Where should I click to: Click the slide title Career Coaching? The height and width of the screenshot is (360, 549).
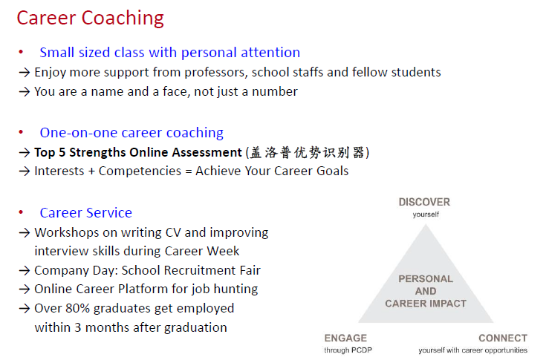click(x=91, y=19)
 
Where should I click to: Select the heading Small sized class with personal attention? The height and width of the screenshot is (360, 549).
click(x=170, y=53)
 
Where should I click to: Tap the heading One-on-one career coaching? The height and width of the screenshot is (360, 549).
click(x=131, y=133)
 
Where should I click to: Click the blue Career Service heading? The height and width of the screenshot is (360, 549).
click(x=85, y=213)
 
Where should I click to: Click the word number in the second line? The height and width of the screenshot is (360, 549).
click(x=275, y=91)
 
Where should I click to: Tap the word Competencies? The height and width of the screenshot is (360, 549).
click(x=140, y=171)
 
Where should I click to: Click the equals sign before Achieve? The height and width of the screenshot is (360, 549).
click(x=189, y=171)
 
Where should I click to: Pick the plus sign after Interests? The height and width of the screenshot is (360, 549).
click(x=91, y=171)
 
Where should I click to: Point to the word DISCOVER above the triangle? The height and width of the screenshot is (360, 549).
click(x=424, y=202)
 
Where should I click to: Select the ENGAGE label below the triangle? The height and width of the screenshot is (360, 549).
click(x=345, y=338)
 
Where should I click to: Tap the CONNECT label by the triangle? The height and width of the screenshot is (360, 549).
click(x=503, y=338)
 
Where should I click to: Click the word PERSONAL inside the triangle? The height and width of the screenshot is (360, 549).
click(x=426, y=279)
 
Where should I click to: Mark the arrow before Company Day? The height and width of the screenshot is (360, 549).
click(x=25, y=270)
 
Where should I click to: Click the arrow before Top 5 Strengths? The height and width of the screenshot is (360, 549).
click(x=25, y=153)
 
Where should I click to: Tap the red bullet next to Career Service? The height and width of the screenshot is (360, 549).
click(x=21, y=212)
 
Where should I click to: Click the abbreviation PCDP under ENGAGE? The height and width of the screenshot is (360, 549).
click(x=362, y=350)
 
